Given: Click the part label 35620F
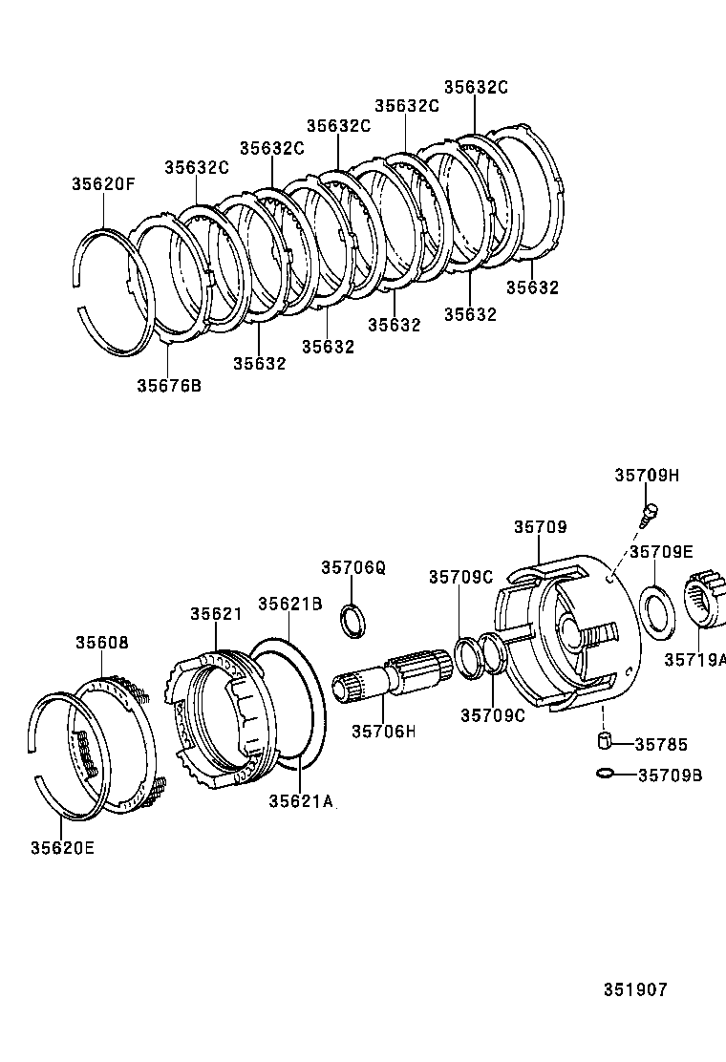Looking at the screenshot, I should [103, 185].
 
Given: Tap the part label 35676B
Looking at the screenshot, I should [168, 386].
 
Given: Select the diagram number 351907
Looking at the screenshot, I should [634, 989].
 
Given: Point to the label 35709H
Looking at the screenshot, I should [647, 476].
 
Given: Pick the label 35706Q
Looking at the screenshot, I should [352, 567].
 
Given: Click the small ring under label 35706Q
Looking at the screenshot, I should [352, 619].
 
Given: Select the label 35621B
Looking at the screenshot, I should [290, 604].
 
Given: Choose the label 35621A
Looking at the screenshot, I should [301, 801].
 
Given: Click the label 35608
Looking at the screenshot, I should [102, 643].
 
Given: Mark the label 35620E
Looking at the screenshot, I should [62, 846].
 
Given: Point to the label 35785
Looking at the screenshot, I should [661, 744].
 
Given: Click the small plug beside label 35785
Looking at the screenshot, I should [604, 740].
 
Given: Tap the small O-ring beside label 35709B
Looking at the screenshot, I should [604, 773].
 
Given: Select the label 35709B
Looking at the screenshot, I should [670, 775].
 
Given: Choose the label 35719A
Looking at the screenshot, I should [695, 659].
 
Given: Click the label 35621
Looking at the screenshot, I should [216, 614].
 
